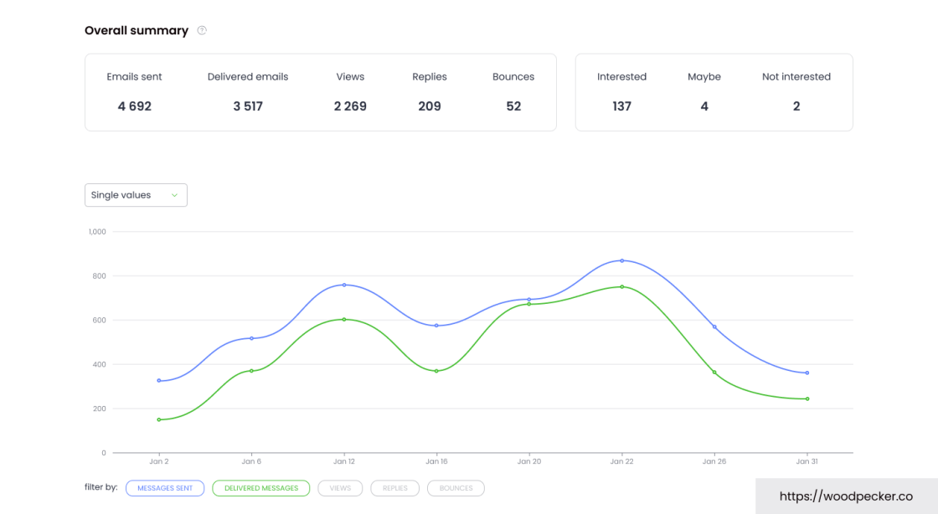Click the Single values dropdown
tap(136, 195)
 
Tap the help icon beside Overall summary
tap(202, 31)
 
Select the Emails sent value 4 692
tap(134, 106)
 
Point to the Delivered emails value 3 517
tap(248, 106)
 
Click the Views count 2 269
tap(350, 106)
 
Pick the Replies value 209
tap(430, 106)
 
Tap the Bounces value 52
tap(513, 106)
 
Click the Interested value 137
tap(621, 106)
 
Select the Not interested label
tap(796, 77)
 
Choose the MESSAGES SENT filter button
tap(165, 488)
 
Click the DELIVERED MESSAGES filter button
tap(261, 488)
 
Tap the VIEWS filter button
tap(340, 488)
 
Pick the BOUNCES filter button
tap(456, 488)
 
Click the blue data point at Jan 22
tap(622, 260)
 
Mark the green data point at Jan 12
tap(344, 319)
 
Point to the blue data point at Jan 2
tap(159, 381)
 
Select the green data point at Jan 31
tap(807, 398)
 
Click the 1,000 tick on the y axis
tap(97, 232)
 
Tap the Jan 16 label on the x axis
tap(436, 461)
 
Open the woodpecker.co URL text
tap(846, 496)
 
